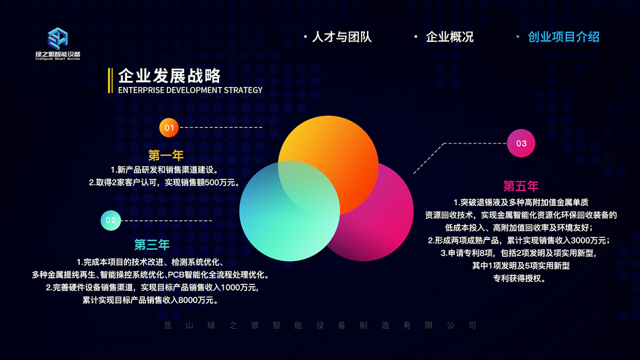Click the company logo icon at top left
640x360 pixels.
58,38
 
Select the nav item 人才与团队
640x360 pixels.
342,37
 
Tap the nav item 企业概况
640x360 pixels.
449,37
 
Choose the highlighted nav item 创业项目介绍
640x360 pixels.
563,37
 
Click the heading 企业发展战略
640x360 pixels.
169,76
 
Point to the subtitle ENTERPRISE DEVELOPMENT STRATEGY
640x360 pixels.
190,90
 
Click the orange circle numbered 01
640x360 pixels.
169,128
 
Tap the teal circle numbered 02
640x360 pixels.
110,220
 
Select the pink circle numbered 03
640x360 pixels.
521,143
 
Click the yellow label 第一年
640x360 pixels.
166,155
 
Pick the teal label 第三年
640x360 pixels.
152,244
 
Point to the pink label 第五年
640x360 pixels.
521,186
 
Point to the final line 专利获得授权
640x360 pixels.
519,279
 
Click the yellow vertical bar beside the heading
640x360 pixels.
110,80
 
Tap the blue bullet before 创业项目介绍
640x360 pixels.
518,37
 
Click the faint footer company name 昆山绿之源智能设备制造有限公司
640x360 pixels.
320,325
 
